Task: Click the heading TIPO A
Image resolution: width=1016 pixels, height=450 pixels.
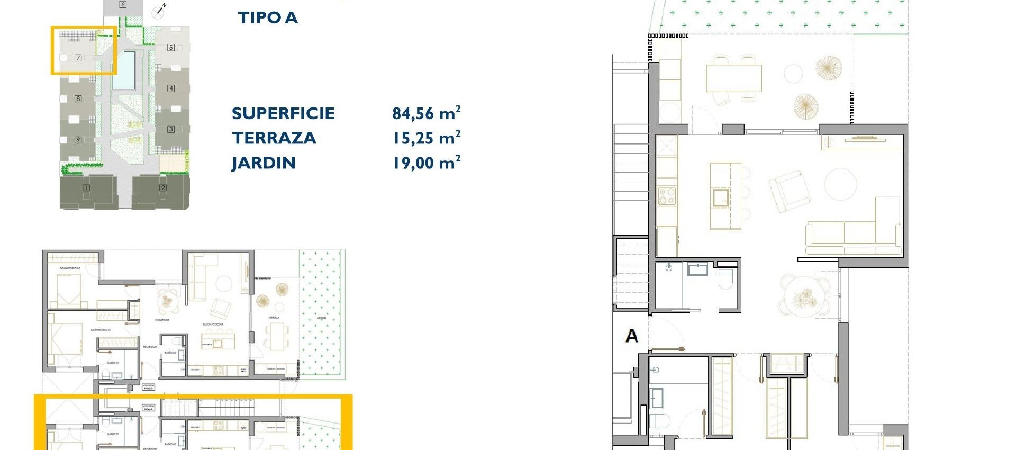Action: pos(268,17)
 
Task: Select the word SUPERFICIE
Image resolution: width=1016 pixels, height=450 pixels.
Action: pos(283,113)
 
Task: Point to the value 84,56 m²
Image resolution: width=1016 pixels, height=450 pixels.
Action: pos(426,113)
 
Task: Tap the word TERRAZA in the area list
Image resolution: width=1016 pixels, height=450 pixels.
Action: pos(274,138)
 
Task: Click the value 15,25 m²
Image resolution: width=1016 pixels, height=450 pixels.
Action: pos(426,138)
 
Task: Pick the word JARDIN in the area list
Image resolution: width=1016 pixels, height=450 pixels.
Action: pos(263,163)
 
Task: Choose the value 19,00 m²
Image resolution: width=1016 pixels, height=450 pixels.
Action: pos(426,163)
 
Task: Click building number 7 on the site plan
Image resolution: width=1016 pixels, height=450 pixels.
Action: pos(78,58)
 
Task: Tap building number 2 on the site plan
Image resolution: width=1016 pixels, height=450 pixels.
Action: pos(162,187)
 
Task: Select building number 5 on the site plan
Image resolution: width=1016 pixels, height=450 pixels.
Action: pos(170,47)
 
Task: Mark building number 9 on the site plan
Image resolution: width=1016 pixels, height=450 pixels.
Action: pos(78,140)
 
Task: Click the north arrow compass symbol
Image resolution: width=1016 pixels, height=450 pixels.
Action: pos(159,11)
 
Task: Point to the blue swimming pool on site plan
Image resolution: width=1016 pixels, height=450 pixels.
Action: pos(124,70)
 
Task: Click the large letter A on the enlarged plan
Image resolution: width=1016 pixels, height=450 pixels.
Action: pos(631,336)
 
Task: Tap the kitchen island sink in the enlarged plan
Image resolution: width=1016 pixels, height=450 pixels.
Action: pos(720,198)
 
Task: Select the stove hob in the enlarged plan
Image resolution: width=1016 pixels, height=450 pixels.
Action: pos(667,196)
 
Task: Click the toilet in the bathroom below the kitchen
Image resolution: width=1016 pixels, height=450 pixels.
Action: pos(725,279)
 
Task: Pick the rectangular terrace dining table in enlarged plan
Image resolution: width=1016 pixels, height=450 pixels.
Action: pos(733,78)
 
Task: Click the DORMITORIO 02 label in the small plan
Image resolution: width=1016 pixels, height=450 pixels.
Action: pos(70,269)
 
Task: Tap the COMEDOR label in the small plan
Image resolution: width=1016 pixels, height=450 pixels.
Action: pos(162,320)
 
